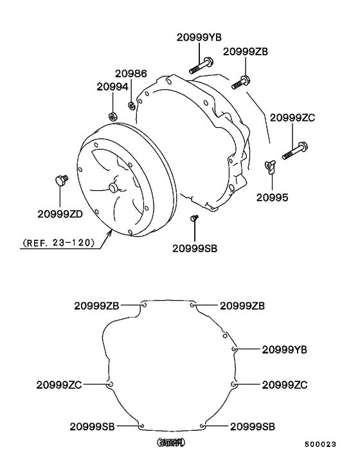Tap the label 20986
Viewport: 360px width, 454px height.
click(x=131, y=74)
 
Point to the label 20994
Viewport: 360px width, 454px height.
click(x=113, y=86)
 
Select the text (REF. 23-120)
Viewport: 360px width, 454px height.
click(x=59, y=243)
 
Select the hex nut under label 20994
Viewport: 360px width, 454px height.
click(x=112, y=116)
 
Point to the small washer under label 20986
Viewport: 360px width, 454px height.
click(x=131, y=105)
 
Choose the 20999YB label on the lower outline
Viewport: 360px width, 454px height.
click(x=284, y=349)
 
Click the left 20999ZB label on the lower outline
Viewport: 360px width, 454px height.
click(x=96, y=305)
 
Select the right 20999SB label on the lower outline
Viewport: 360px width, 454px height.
click(x=253, y=426)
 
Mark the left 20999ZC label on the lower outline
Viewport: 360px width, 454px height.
click(x=59, y=385)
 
